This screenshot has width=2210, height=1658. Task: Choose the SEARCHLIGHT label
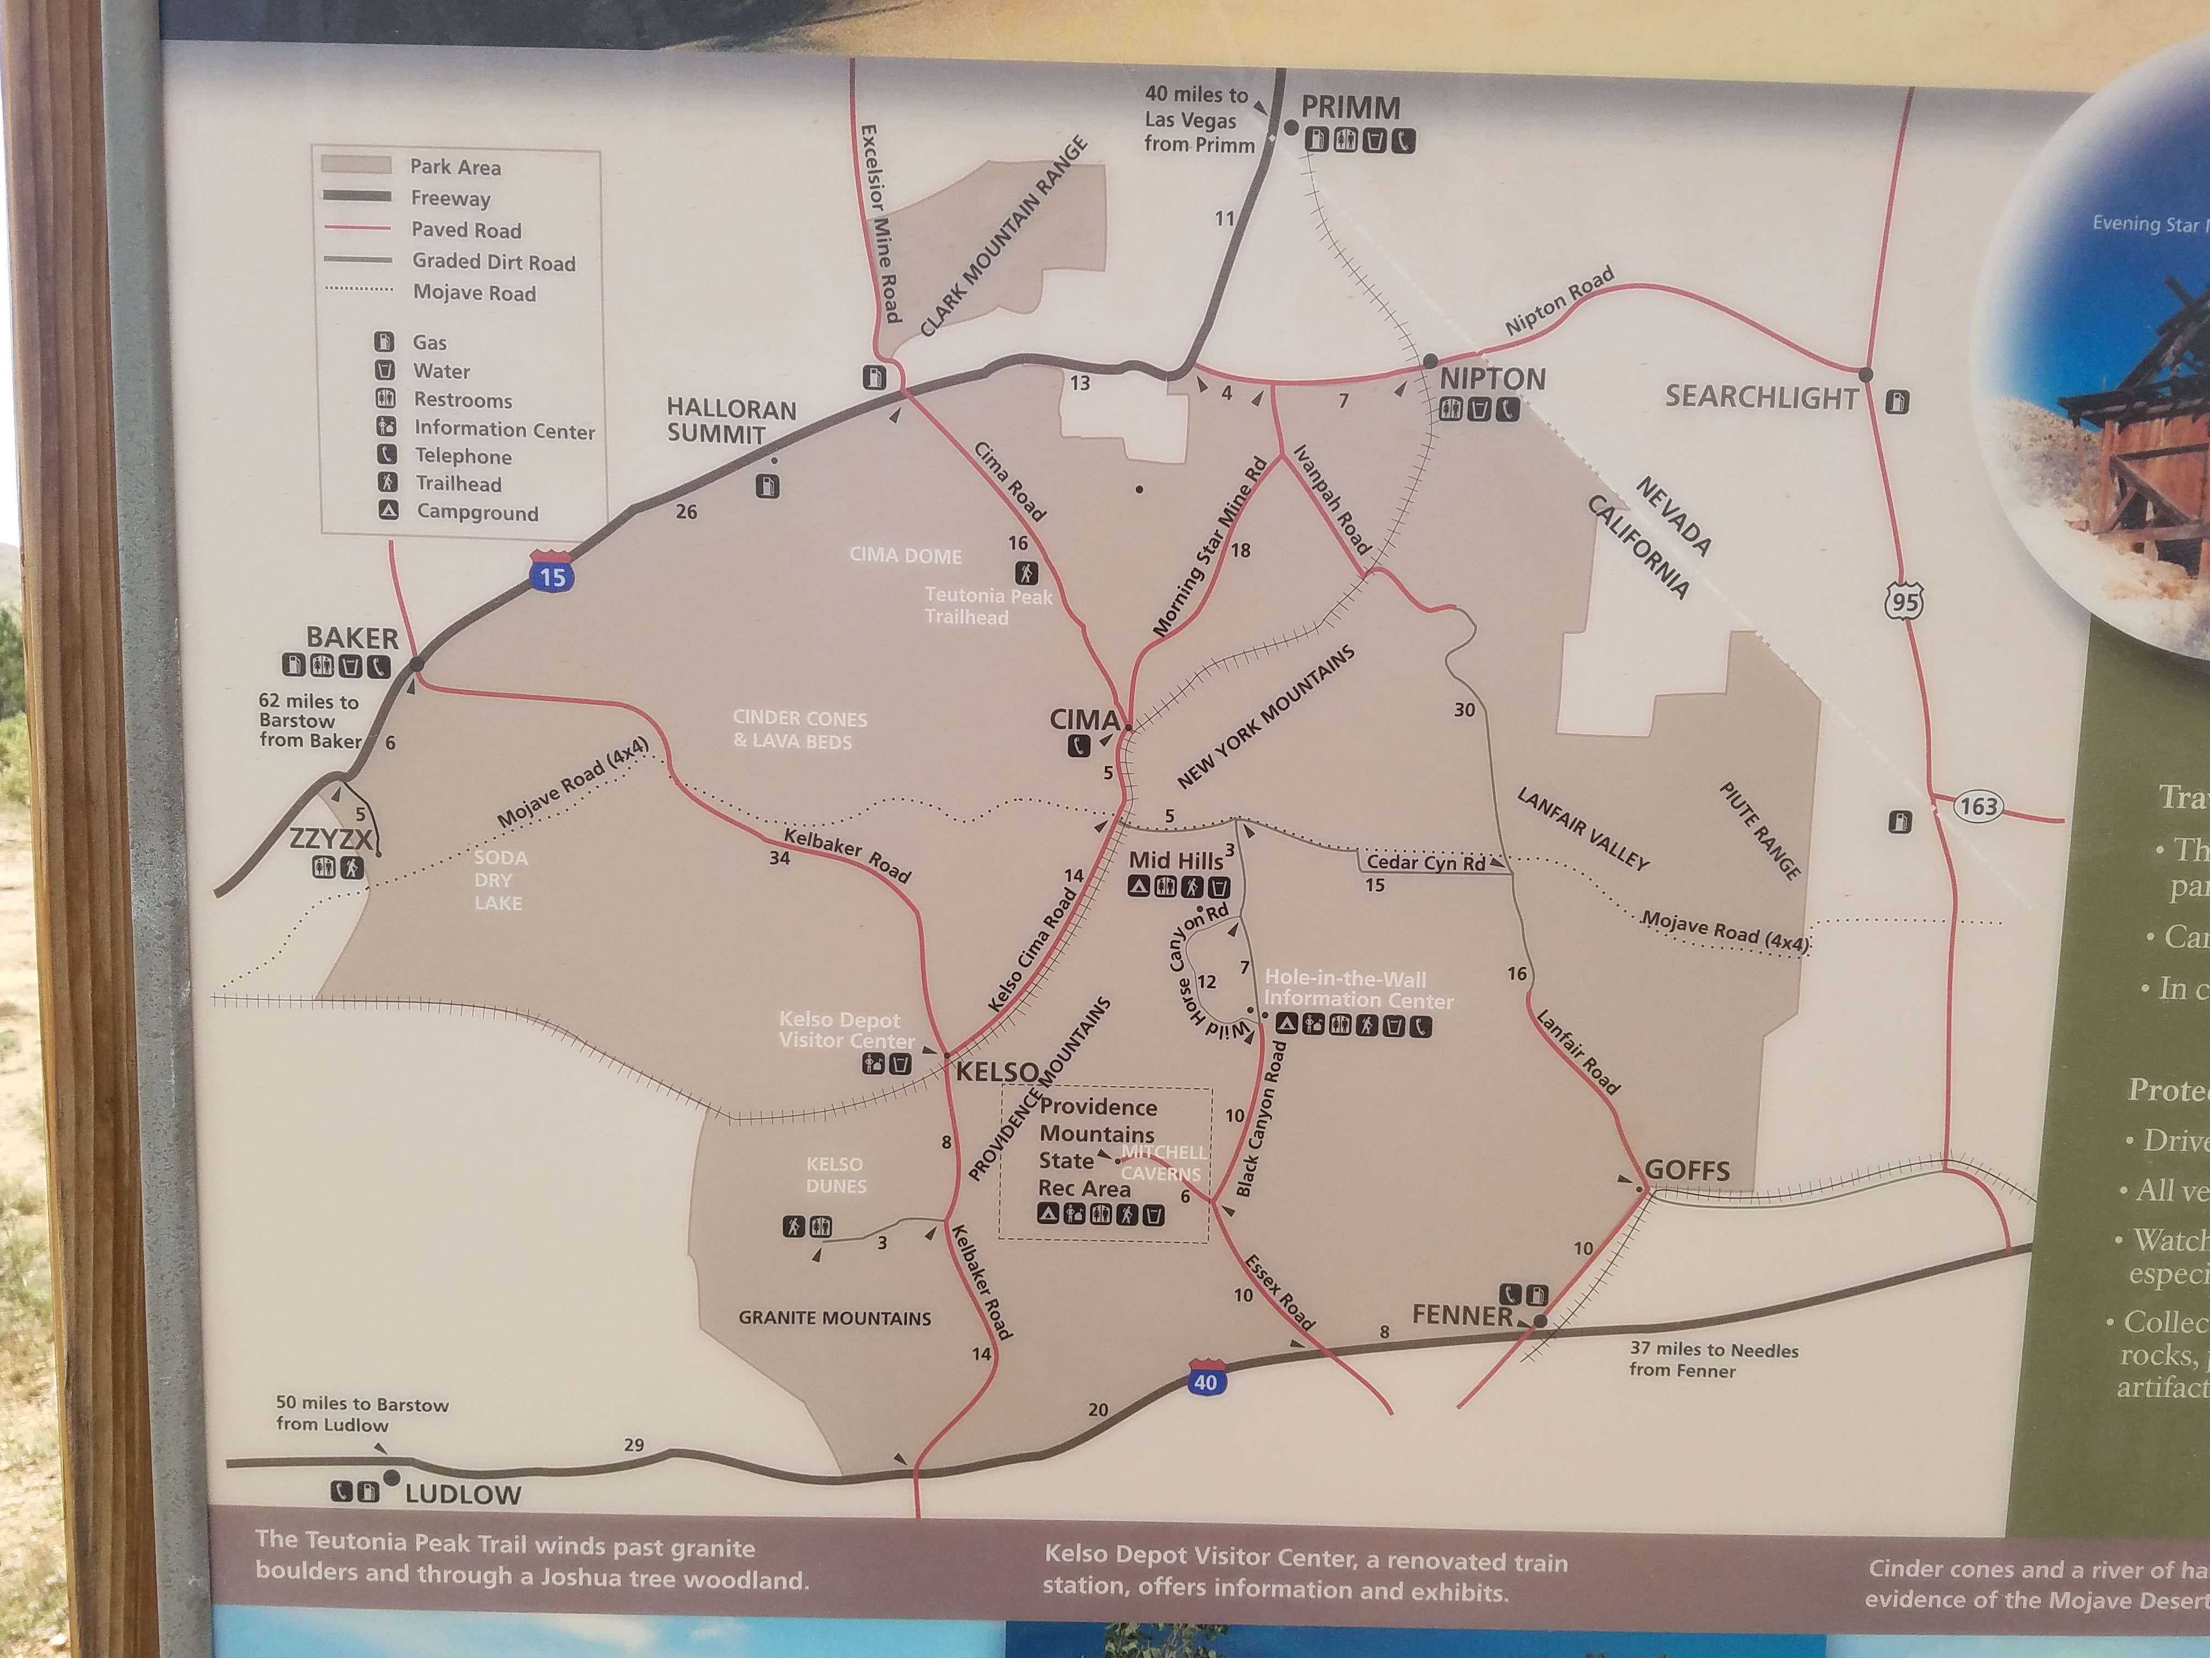pyautogui.click(x=1761, y=398)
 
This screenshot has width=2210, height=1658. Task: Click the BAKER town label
pyautogui.click(x=352, y=638)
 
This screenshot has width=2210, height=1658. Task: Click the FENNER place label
pyautogui.click(x=1462, y=1315)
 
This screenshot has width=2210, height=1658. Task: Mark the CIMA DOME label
pyautogui.click(x=905, y=555)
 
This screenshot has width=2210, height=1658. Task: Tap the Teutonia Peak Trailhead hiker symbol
pyautogui.click(x=1026, y=572)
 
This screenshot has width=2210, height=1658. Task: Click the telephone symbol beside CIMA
pyautogui.click(x=1078, y=746)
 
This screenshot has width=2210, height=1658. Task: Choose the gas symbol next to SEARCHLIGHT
pyautogui.click(x=1897, y=402)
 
